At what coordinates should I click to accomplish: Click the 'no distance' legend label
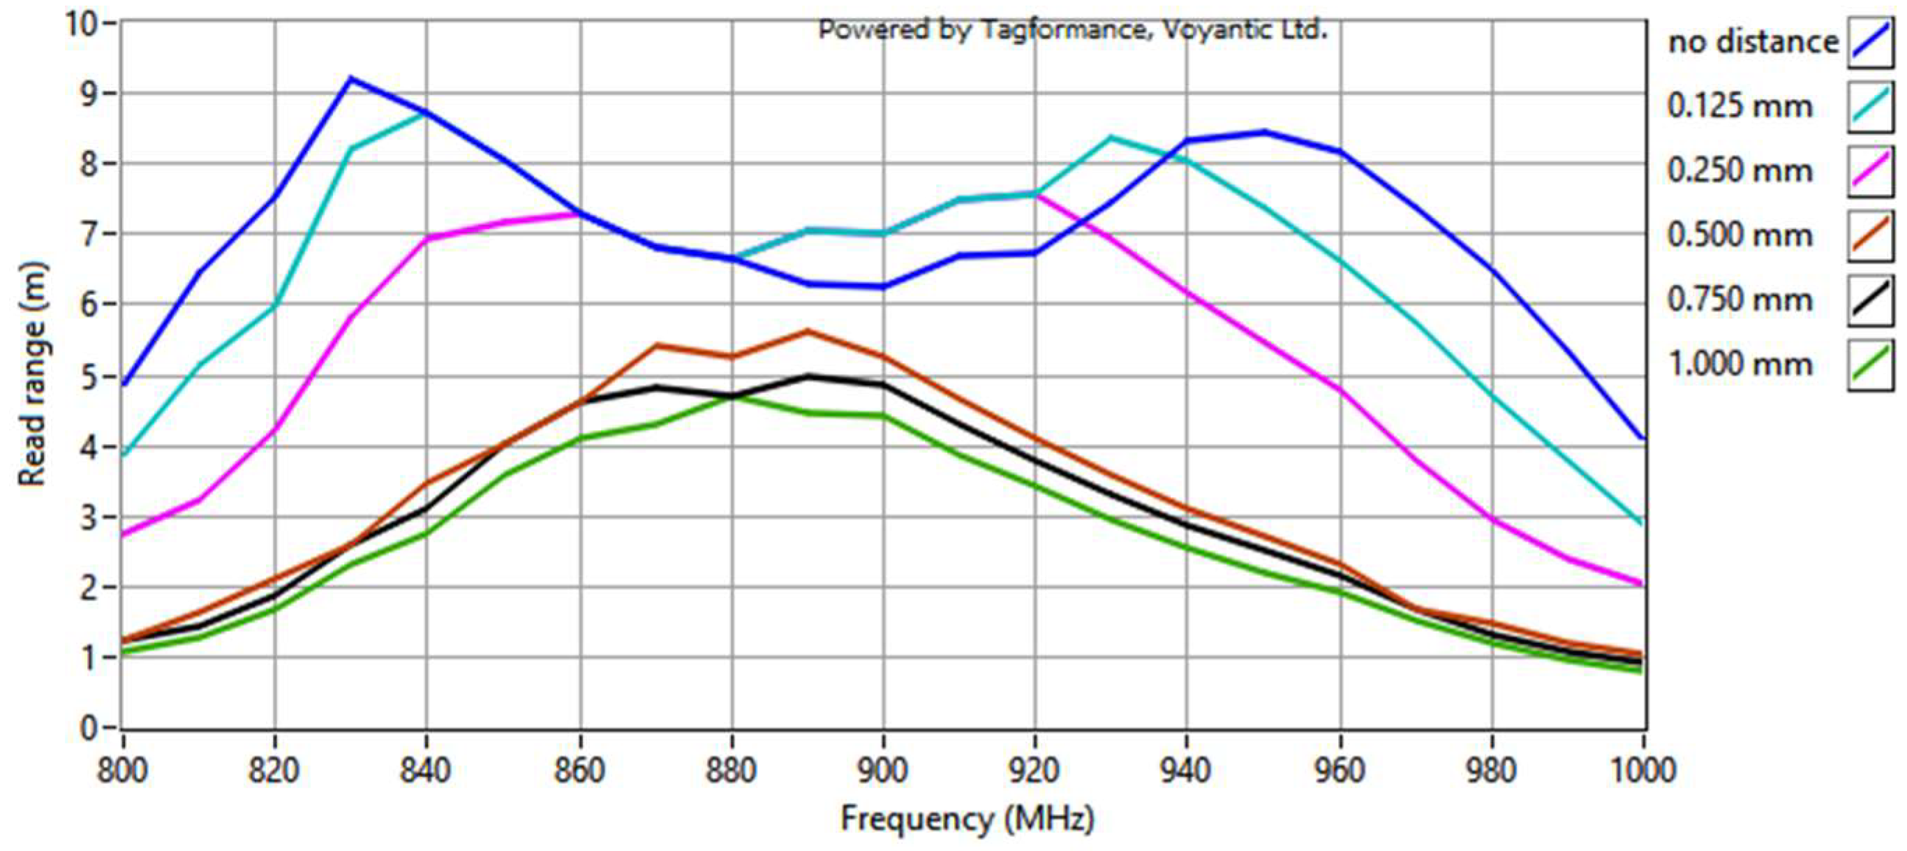pyautogui.click(x=1752, y=42)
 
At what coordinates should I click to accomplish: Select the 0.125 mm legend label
pyautogui.click(x=1739, y=107)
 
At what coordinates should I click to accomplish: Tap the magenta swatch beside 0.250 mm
pyautogui.click(x=1870, y=171)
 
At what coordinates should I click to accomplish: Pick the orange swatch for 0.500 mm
pyautogui.click(x=1870, y=235)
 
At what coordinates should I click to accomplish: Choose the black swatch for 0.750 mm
pyautogui.click(x=1870, y=300)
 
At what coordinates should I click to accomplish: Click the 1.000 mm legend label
pyautogui.click(x=1739, y=364)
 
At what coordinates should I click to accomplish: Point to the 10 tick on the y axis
pyautogui.click(x=82, y=24)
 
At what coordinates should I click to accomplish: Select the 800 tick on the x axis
pyautogui.click(x=123, y=770)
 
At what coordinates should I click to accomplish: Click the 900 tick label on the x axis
pyautogui.click(x=882, y=770)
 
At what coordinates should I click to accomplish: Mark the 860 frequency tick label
pyautogui.click(x=579, y=770)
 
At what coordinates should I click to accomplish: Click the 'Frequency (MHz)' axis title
pyautogui.click(x=967, y=819)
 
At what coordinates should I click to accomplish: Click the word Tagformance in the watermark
pyautogui.click(x=1064, y=30)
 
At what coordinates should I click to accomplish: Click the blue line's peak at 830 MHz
pyautogui.click(x=351, y=77)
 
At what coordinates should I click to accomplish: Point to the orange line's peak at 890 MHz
pyautogui.click(x=807, y=330)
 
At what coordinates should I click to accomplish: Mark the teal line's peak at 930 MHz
pyautogui.click(x=1111, y=137)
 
